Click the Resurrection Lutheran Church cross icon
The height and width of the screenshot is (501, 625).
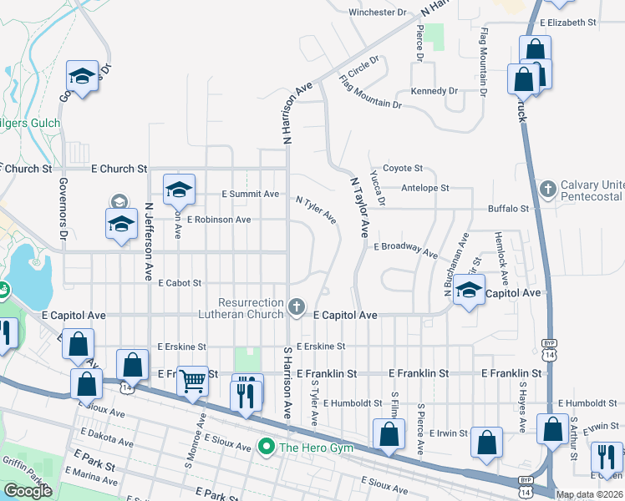295,308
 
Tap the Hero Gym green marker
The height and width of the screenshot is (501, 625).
267,448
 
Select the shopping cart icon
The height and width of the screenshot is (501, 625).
193,381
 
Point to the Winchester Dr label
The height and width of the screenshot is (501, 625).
377,13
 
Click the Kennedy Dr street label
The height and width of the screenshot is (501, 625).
434,90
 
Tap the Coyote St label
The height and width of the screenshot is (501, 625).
403,169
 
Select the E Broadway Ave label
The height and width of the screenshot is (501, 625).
405,250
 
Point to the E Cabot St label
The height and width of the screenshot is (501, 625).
180,283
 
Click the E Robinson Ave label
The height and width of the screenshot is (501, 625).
219,220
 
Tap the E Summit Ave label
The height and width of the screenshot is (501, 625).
250,194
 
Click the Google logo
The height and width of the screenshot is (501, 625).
28,491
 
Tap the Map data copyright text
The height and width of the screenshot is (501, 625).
589,495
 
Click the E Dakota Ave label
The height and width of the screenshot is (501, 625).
106,438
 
